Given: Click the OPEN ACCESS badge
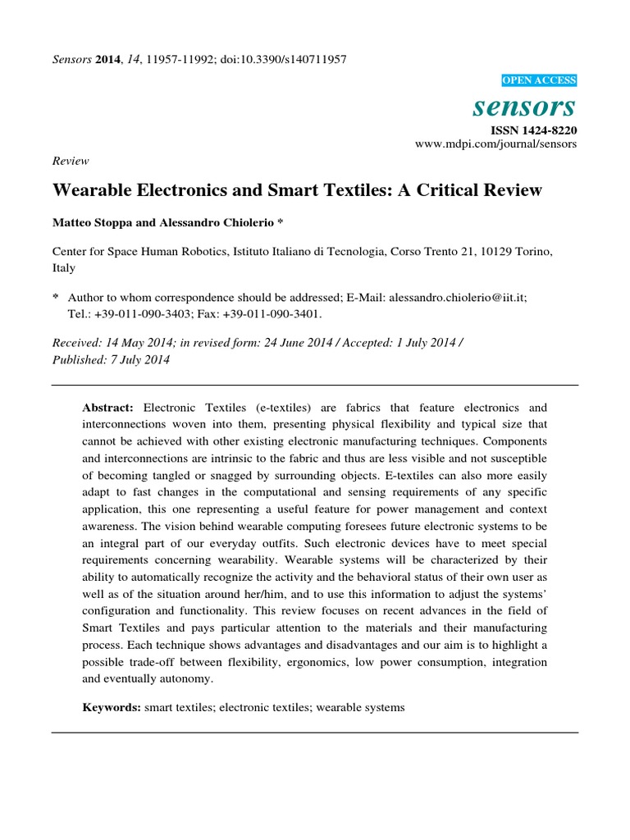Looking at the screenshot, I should click(538, 80).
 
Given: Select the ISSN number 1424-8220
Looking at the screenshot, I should click(548, 130).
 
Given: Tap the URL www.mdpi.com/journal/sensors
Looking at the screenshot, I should click(496, 144).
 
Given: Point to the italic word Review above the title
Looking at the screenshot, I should click(71, 162).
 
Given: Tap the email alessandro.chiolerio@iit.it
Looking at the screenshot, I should click(458, 299).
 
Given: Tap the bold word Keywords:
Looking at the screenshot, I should click(112, 706).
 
